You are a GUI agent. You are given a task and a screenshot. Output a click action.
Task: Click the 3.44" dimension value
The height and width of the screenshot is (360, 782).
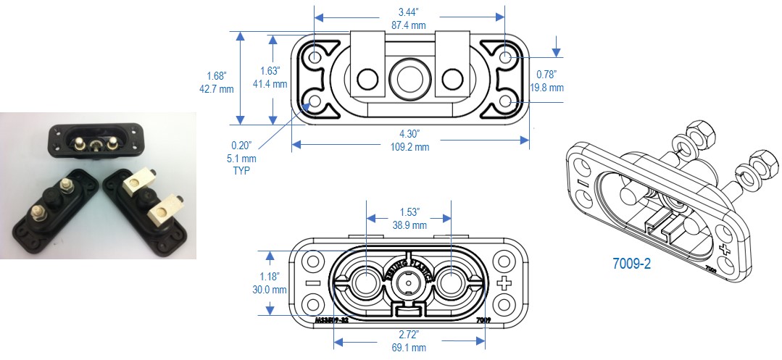408,12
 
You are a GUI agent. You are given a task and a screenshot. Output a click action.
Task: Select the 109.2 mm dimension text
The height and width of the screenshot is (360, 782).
408,147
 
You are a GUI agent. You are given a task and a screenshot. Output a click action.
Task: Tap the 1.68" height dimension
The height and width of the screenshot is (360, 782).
217,76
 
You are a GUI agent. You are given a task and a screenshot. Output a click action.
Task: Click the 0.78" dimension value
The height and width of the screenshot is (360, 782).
549,74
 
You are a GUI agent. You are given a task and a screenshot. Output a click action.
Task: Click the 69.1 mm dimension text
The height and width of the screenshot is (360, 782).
408,347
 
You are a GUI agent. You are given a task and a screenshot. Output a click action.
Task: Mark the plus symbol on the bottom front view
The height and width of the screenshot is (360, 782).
505,282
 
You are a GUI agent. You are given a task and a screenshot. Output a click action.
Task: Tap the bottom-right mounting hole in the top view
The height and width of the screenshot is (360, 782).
505,102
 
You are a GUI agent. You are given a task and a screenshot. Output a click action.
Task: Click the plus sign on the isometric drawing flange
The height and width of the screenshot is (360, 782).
723,248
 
